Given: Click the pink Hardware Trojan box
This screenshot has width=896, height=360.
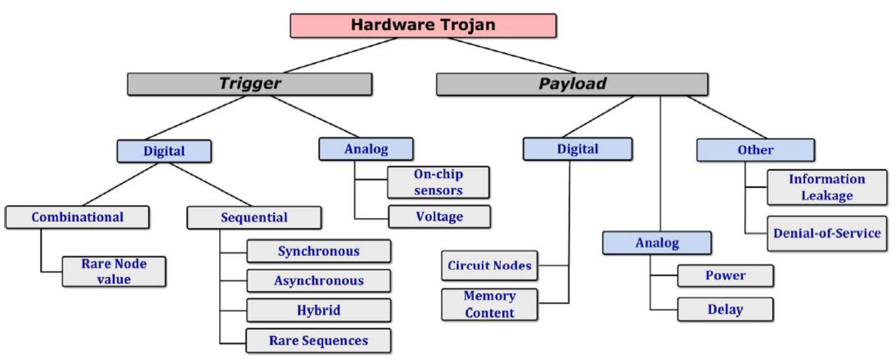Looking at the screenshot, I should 423,25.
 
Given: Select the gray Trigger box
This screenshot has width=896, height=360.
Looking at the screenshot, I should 249,84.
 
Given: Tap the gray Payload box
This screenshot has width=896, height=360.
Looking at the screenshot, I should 572,84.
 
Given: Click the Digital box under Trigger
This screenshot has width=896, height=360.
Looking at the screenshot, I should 164,151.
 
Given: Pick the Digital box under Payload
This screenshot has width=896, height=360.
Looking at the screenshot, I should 577,149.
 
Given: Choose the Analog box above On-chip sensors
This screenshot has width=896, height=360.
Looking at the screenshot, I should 366,149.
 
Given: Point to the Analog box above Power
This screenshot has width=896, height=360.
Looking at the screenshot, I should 656,243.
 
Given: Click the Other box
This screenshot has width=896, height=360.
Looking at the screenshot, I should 755,150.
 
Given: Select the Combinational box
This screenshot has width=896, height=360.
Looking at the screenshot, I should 77,217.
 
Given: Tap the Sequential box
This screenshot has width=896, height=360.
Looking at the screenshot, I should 254,218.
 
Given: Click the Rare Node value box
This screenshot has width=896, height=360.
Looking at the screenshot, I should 114,272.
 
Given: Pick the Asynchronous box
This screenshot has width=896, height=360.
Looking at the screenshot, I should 318,281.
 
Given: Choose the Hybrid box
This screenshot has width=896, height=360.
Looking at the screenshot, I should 318,311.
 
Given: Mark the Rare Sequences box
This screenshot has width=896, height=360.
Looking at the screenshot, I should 318,341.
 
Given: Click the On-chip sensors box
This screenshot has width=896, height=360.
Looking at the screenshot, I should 438,182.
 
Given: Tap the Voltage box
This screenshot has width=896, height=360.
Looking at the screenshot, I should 439,217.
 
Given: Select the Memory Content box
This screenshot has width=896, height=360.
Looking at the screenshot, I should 489,304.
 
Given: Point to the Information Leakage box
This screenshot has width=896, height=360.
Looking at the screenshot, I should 826,187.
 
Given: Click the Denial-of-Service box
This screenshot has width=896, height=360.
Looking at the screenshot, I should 826,234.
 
